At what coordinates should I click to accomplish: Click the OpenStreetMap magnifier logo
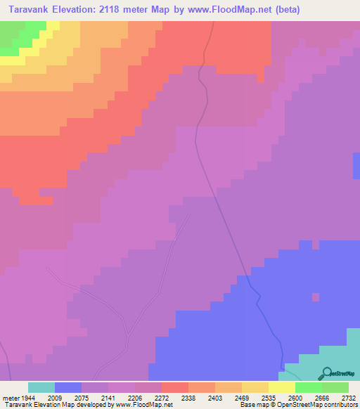pyautogui.click(x=326, y=373)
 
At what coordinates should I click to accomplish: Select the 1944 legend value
pyautogui.click(x=26, y=398)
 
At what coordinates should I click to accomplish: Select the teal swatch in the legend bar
pyautogui.click(x=41, y=387)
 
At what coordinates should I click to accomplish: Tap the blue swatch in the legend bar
pyautogui.click(x=68, y=387)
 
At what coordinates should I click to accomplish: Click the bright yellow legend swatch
pyautogui.click(x=282, y=387)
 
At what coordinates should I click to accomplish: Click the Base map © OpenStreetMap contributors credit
pyautogui.click(x=298, y=405)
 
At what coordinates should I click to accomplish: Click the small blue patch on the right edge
pyautogui.click(x=356, y=165)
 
